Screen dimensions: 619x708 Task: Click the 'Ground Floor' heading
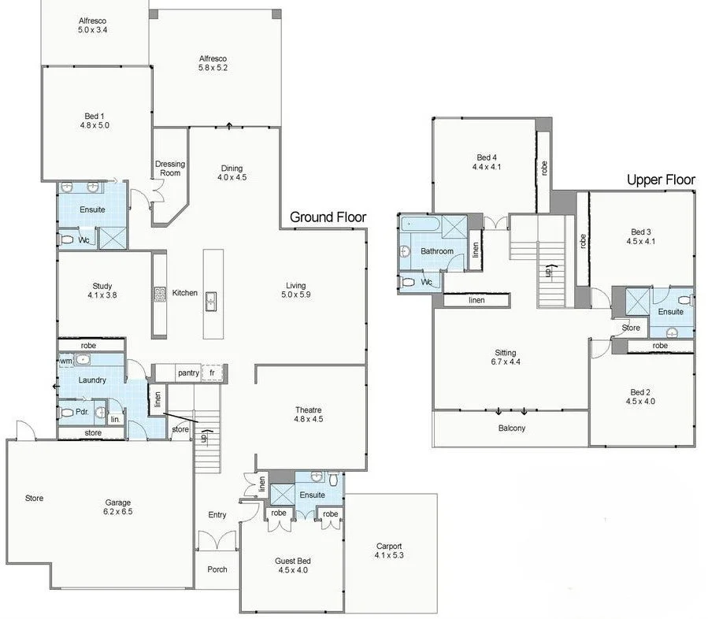328,217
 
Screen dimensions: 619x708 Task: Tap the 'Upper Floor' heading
661,180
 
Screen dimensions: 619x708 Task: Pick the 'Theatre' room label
309,410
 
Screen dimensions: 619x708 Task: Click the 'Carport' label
389,546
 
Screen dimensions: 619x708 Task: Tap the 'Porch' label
217,569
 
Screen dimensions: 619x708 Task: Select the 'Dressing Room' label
169,169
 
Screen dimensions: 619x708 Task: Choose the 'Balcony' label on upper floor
511,428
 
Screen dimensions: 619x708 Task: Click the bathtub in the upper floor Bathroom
421,224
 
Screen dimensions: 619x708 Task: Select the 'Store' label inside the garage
34,498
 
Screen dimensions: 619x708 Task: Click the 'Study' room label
102,287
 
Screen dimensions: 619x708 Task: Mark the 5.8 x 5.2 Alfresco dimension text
213,68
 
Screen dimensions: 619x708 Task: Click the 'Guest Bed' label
292,561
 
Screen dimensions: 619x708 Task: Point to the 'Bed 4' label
486,158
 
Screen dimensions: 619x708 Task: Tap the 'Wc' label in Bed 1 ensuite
83,240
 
